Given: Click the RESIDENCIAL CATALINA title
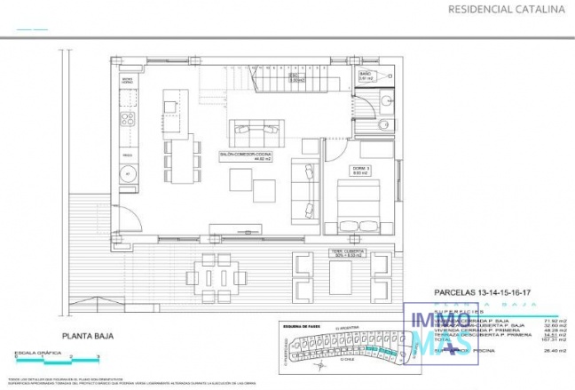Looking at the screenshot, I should point(508,10).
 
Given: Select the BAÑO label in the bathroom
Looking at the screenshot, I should point(365,76).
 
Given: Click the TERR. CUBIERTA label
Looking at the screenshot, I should point(342,251).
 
